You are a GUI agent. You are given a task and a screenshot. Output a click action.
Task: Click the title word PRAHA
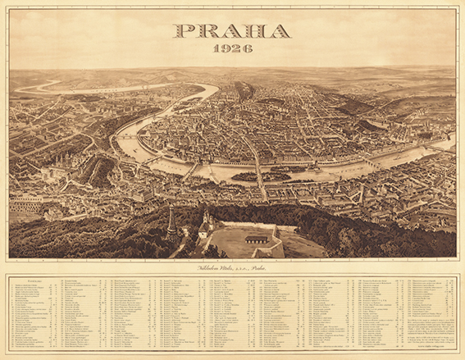pos(232,32)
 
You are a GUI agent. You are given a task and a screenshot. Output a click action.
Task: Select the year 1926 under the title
pos(232,50)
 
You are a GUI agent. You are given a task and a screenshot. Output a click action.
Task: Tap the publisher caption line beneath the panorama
pos(232,267)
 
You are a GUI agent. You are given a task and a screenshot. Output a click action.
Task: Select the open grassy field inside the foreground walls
pos(238,244)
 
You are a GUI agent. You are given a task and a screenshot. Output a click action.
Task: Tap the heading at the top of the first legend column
pos(25,280)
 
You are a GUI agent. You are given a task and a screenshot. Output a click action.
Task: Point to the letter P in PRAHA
pos(185,32)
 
